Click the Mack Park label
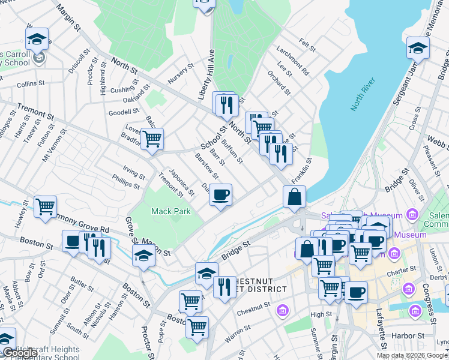(171, 211)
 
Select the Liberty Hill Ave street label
(206, 74)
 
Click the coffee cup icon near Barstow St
(220, 194)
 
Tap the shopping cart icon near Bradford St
(152, 139)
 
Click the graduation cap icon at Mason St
(144, 256)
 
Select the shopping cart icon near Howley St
(46, 207)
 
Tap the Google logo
(19, 353)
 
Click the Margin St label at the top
(69, 18)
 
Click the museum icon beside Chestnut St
(282, 311)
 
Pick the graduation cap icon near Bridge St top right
(418, 48)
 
